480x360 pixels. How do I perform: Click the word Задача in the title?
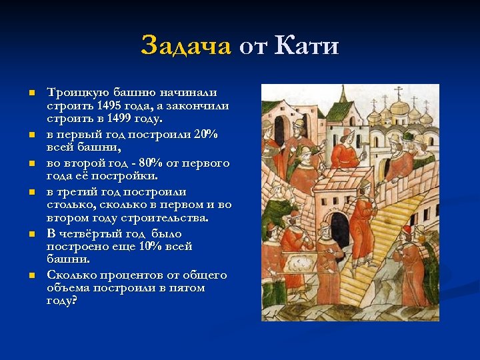click(185, 46)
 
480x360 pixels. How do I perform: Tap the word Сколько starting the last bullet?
click(71, 275)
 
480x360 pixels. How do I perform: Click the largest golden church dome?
click(399, 107)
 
